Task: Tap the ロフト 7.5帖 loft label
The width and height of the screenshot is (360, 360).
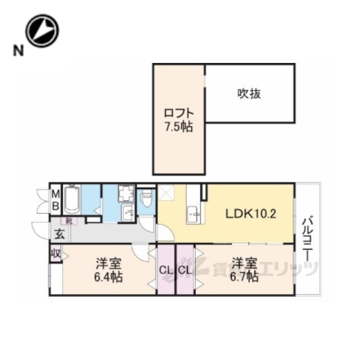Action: tap(178, 121)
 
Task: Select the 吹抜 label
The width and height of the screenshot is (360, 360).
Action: tap(250, 94)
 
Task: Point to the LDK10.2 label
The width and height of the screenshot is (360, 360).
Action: tap(252, 213)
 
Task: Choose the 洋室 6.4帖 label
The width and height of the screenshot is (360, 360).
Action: tap(109, 270)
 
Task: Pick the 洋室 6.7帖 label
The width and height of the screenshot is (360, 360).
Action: tap(244, 270)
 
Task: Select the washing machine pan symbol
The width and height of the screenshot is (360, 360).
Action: tap(125, 195)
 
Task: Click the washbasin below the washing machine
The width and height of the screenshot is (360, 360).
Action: tap(127, 213)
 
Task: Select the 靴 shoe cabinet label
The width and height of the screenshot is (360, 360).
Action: tap(68, 221)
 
